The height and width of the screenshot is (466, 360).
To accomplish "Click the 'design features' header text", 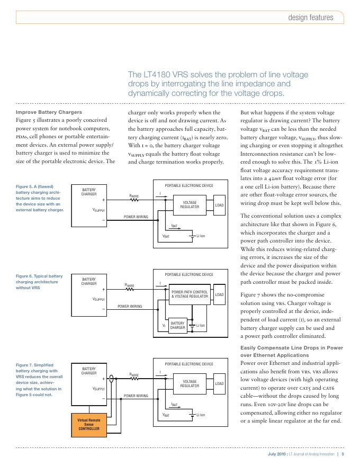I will [x=311, y=17].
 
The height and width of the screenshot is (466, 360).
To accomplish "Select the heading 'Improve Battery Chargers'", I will [x=49, y=112].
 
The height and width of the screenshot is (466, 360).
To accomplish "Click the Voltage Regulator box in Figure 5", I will [x=190, y=204].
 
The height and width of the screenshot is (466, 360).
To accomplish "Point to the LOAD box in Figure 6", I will [x=219, y=294].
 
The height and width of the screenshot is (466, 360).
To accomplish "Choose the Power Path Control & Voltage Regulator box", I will [x=190, y=294].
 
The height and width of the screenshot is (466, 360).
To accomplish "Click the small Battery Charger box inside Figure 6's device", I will [x=177, y=325].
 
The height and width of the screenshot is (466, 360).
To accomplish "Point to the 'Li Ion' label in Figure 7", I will [x=201, y=415].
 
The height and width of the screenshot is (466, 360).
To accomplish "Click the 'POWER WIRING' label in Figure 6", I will [x=129, y=306].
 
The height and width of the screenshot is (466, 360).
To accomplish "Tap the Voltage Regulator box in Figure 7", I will [x=190, y=384].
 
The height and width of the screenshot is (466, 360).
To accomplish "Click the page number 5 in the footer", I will [x=343, y=454].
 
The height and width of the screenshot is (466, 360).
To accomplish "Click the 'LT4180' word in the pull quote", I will [x=159, y=75].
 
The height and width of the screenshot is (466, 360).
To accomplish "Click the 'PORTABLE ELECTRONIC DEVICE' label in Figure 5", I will [x=190, y=185].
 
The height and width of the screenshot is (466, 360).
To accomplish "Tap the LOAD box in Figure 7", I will [x=219, y=384].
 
